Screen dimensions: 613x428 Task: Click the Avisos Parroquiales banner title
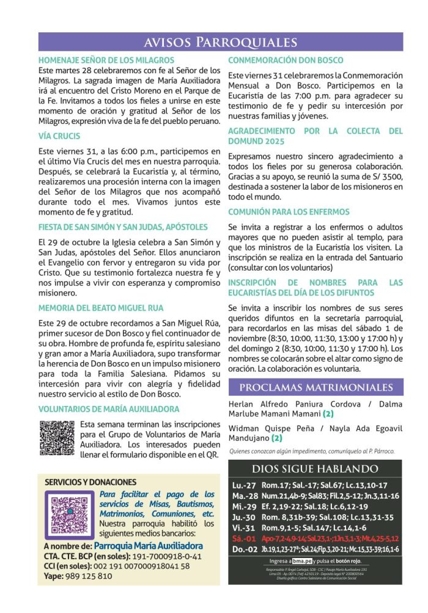(x=220, y=42)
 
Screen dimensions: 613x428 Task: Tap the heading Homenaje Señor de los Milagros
(x=106, y=60)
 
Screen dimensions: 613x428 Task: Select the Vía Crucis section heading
(x=59, y=137)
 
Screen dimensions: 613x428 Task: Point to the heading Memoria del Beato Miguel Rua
(x=101, y=308)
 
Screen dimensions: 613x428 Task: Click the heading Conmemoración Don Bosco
(x=286, y=60)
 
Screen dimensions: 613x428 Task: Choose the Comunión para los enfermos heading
(x=289, y=212)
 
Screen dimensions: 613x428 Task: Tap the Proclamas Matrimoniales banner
(x=315, y=388)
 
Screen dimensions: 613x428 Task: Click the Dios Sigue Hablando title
(x=315, y=469)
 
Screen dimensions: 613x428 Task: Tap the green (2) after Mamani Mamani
(x=328, y=414)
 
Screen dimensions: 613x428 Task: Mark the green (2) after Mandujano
(x=277, y=438)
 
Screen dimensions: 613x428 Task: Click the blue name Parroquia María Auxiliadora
(x=149, y=545)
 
